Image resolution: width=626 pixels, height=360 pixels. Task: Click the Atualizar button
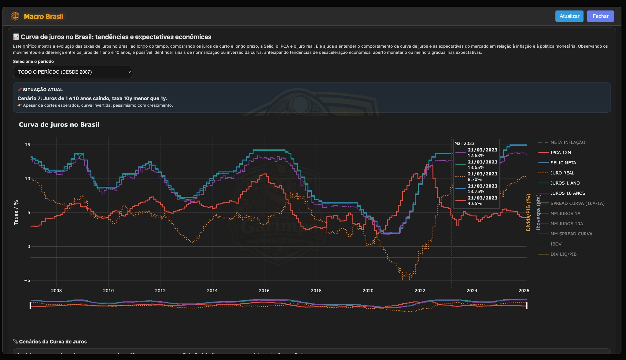[569, 16]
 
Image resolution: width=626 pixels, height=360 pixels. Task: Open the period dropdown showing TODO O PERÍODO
[72, 72]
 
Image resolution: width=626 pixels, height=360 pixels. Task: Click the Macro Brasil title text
[44, 17]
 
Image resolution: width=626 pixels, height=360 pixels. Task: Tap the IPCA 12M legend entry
[560, 152]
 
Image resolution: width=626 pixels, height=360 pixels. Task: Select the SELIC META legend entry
[563, 163]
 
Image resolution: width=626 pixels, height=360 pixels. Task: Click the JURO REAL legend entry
[562, 173]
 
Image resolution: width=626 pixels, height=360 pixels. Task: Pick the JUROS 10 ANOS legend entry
[567, 193]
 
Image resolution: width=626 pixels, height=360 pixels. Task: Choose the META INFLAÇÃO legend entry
[567, 142]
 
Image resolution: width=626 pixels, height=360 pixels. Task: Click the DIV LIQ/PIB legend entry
[563, 254]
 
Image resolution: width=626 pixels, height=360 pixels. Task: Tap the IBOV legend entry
[556, 244]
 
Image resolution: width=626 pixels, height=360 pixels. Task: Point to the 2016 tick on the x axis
[264, 291]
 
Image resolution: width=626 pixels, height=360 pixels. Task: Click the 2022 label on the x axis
[420, 291]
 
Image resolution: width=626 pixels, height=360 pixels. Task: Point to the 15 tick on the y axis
[28, 145]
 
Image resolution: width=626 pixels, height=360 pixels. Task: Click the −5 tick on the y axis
[27, 281]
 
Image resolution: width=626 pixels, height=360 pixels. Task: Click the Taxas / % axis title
[16, 212]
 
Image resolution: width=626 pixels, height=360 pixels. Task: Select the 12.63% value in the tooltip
[476, 156]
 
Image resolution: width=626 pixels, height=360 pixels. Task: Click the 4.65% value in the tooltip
[474, 204]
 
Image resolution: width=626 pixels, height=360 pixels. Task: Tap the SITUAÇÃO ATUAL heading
[42, 90]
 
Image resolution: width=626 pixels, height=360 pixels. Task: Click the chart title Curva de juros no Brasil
[59, 125]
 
